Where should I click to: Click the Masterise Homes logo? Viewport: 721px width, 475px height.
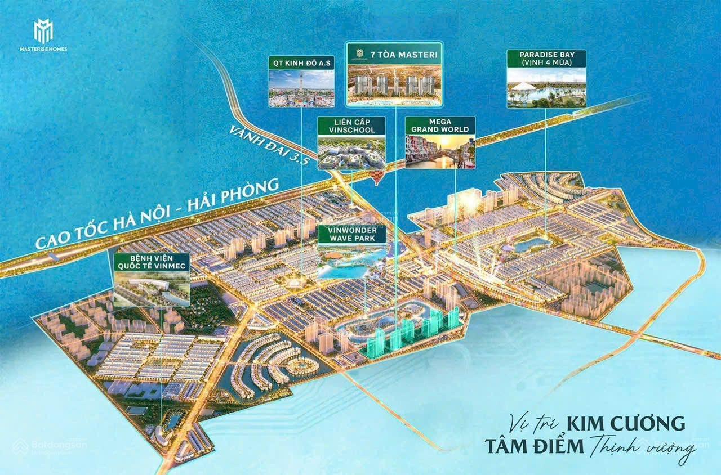(x=43, y=35)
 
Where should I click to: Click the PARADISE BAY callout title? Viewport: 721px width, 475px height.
(x=546, y=59)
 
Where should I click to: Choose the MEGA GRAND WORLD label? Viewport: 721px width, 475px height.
(x=440, y=126)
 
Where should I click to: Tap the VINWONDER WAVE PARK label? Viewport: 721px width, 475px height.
(x=351, y=234)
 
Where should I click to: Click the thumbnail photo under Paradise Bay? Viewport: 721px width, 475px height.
(x=546, y=87)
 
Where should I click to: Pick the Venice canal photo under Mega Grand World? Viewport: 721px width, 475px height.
(x=440, y=151)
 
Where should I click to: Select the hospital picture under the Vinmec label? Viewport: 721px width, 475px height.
(x=152, y=289)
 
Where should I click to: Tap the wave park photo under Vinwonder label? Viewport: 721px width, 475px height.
(x=351, y=261)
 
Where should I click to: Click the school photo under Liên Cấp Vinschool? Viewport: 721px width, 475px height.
(x=351, y=152)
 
